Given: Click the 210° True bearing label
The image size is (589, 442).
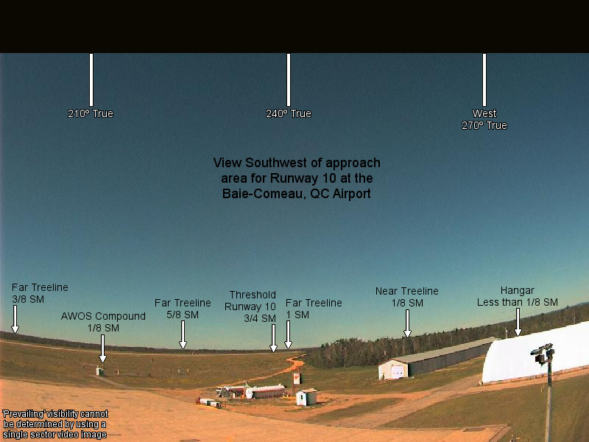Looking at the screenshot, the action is (90, 113).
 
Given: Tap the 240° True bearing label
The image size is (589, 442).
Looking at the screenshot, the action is (289, 113).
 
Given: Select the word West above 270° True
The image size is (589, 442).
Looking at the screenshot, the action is (484, 113).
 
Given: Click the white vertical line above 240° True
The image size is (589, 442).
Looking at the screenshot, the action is (289, 80).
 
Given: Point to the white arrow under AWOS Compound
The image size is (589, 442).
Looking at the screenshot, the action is (102, 348).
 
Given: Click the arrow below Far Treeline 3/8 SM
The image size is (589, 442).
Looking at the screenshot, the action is (15, 319).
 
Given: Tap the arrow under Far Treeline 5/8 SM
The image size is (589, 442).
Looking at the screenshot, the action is (183, 334).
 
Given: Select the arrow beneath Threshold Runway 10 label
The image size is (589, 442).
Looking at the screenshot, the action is (273, 338).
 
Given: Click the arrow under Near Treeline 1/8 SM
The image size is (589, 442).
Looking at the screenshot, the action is (407, 323).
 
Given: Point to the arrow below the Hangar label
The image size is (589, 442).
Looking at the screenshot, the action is (518, 322).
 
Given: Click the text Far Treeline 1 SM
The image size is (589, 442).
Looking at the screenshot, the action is (314, 309).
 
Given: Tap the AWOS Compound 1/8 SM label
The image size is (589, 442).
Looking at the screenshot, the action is (103, 322).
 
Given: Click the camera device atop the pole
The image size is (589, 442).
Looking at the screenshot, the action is (543, 354).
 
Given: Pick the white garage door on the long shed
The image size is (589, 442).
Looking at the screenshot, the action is (398, 371).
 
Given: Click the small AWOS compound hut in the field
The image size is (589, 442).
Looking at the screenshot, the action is (100, 371).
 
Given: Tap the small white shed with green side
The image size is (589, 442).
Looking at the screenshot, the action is (306, 397).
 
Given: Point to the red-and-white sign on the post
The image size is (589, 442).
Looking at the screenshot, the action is (297, 378).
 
